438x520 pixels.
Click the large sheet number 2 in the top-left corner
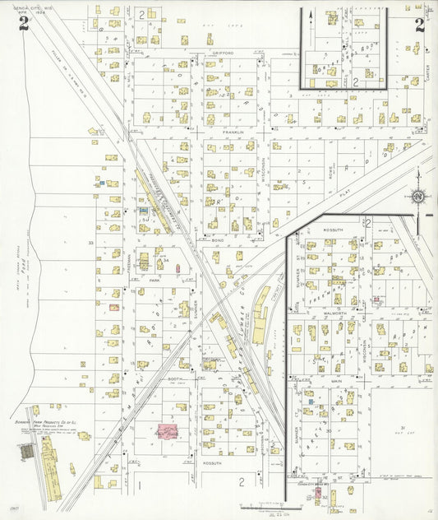pyautogui.click(x=23, y=24)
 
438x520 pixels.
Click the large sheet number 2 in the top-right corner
pyautogui.click(x=419, y=24)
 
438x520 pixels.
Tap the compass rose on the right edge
pyautogui.click(x=417, y=197)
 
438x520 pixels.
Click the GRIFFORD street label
pyautogui.click(x=224, y=53)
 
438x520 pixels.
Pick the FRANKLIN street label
pyautogui.click(x=233, y=131)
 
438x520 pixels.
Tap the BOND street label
pyautogui.click(x=218, y=240)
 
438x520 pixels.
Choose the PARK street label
pyautogui.click(x=154, y=280)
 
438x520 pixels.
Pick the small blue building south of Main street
pyautogui.click(x=310, y=401)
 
